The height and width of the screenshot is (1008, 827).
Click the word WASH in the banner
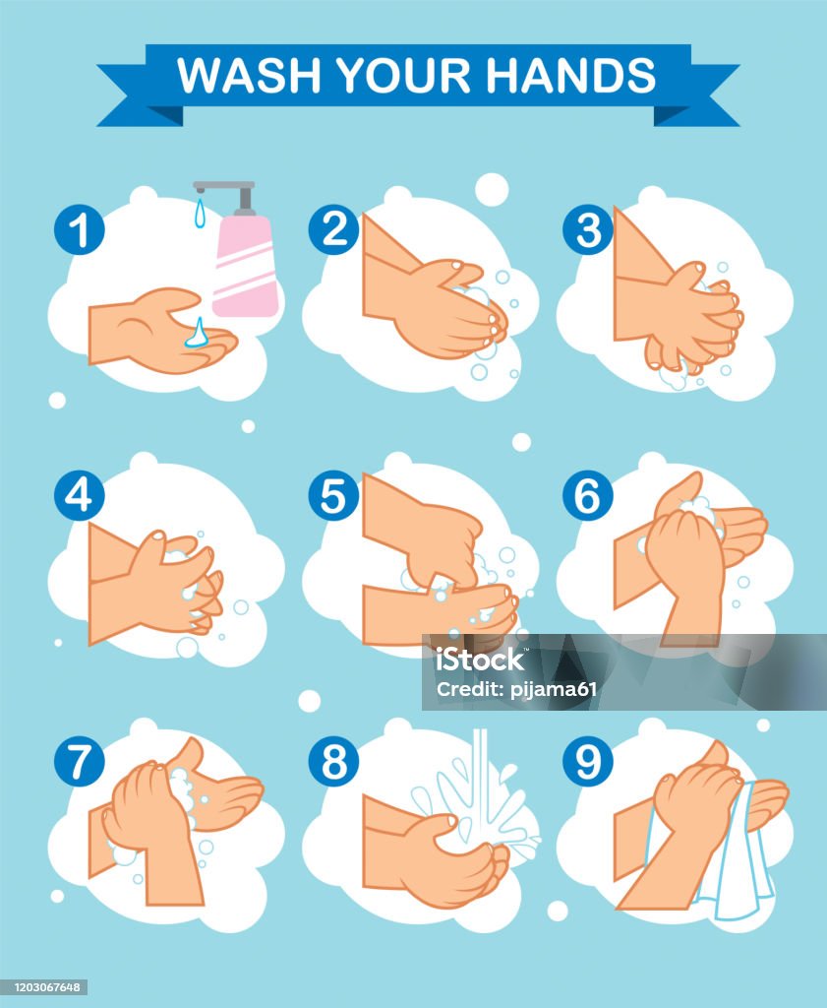[249, 75]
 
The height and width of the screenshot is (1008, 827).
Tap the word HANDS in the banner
[570, 75]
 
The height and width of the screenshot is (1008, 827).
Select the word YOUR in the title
[403, 75]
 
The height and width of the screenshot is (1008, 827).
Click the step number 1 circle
[79, 229]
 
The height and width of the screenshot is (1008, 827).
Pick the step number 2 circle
[333, 229]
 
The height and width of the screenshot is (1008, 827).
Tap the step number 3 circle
[588, 229]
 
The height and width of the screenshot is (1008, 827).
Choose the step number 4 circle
[79, 496]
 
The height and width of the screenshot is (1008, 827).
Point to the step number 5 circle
[333, 496]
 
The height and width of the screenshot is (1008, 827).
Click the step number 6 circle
[588, 496]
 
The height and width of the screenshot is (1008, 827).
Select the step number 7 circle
[79, 762]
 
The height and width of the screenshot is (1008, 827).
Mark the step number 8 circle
[333, 762]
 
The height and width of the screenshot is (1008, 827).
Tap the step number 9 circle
[588, 762]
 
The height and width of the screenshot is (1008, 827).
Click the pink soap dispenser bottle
[245, 266]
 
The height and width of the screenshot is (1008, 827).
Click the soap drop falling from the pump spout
[201, 213]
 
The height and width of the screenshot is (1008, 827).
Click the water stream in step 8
[480, 781]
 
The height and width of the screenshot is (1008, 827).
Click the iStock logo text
[480, 660]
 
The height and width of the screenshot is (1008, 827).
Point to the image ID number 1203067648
[43, 986]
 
